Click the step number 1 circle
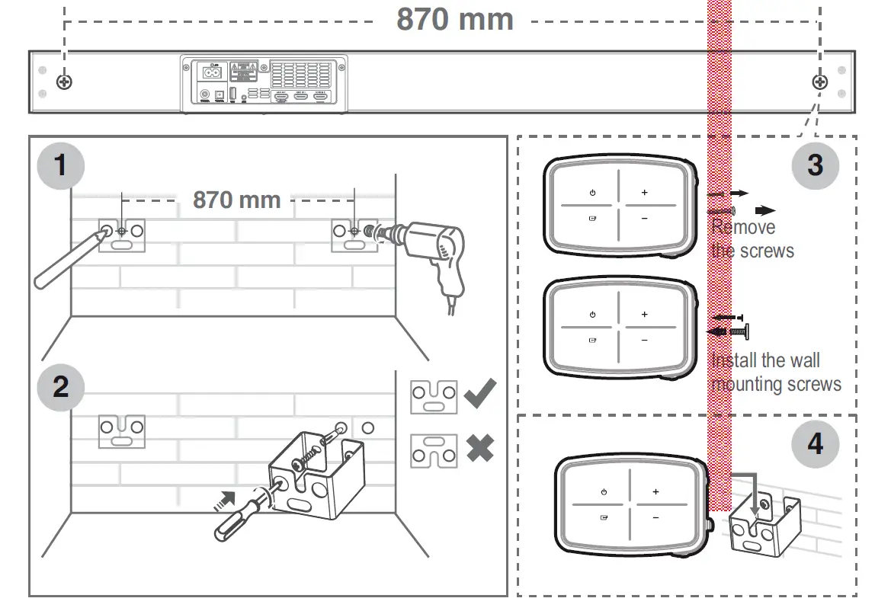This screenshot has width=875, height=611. pos(61,164)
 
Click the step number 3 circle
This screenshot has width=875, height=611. pos(815,164)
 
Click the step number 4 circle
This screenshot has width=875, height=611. pos(815,443)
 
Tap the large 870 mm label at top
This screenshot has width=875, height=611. pos(455,19)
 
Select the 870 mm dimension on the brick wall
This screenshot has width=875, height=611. pos(236,200)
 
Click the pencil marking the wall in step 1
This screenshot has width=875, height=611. pos(69,259)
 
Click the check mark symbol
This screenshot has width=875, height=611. pos(479,394)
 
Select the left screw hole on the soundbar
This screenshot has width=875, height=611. pos(65,82)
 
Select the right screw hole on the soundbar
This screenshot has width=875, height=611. pos(819,82)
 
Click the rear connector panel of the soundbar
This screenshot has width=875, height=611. pos(264,82)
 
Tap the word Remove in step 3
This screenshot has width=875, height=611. pos(743,227)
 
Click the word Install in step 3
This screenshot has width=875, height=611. pos(733,360)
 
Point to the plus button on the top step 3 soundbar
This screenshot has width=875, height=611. pos(644,193)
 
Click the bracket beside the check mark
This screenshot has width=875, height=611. pos(434,398)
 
